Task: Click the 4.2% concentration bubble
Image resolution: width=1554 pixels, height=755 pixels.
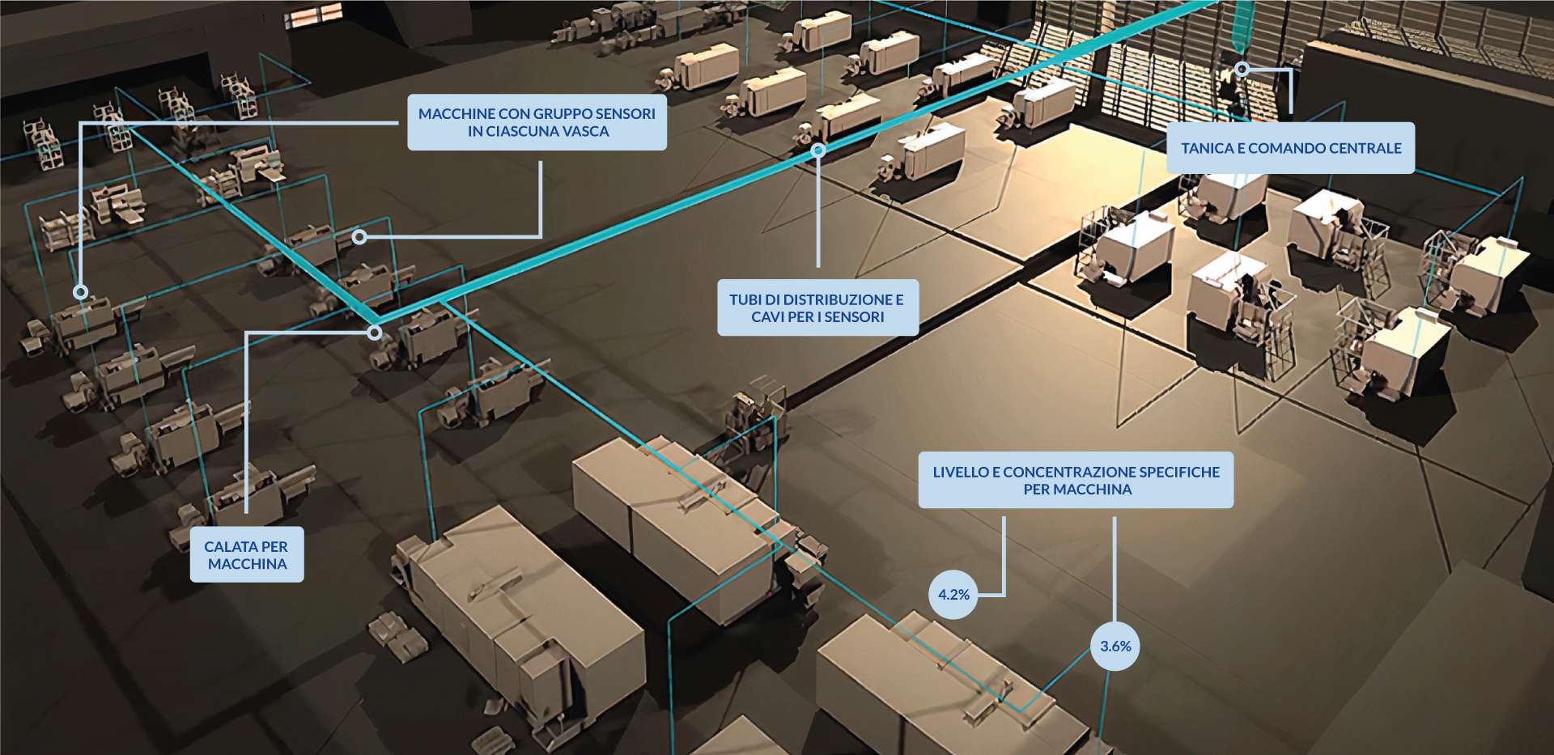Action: tap(953, 595)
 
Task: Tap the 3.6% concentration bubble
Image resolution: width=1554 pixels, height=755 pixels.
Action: tap(1115, 646)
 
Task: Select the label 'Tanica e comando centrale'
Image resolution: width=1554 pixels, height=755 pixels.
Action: tap(1291, 148)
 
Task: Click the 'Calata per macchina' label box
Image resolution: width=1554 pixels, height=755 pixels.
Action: tap(247, 555)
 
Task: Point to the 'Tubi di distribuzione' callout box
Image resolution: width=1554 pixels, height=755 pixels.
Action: tap(817, 308)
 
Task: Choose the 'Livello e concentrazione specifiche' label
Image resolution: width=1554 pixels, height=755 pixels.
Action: tap(1076, 481)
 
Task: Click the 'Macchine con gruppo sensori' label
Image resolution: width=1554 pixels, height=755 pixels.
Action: tap(537, 122)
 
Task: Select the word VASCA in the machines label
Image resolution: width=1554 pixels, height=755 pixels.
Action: tap(583, 131)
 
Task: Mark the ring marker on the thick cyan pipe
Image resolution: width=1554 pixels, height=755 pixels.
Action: tap(818, 150)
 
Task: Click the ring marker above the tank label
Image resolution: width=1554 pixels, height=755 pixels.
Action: tap(1242, 70)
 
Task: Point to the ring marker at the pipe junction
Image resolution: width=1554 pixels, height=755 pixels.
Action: tap(374, 332)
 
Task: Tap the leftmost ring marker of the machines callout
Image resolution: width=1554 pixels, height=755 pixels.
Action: tap(81, 292)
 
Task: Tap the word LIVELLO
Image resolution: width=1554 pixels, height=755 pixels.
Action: tap(958, 472)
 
